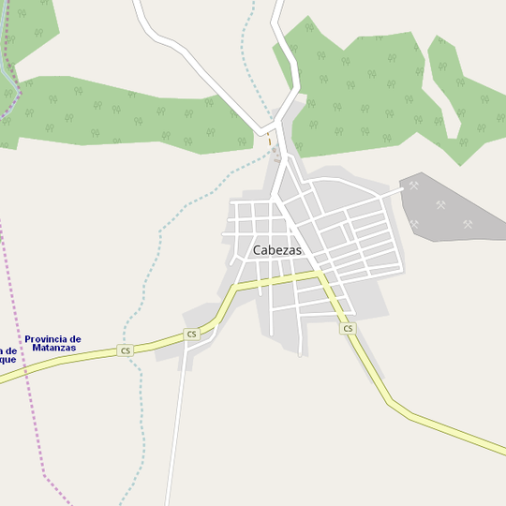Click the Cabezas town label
click(x=277, y=250)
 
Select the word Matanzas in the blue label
click(x=52, y=348)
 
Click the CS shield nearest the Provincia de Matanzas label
click(x=126, y=350)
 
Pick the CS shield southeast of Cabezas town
click(x=349, y=328)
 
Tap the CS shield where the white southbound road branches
click(x=192, y=334)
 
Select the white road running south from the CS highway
click(x=173, y=431)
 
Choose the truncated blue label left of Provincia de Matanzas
click(x=7, y=355)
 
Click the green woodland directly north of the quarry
click(x=375, y=94)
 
